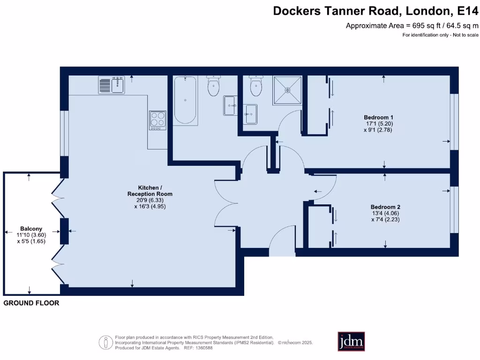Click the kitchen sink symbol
coord(111,85)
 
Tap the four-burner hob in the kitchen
coord(157,120)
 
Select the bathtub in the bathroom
coord(185,100)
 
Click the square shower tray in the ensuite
coord(287,90)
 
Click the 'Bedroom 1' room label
coord(378,117)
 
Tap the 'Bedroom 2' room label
coord(385,207)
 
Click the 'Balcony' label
coord(31,229)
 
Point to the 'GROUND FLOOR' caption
coord(31,303)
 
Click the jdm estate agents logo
coord(351,341)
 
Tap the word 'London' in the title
coord(425,11)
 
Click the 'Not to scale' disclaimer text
coord(465,35)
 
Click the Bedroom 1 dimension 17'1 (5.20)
coord(378,123)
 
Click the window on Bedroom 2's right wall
coord(453,210)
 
